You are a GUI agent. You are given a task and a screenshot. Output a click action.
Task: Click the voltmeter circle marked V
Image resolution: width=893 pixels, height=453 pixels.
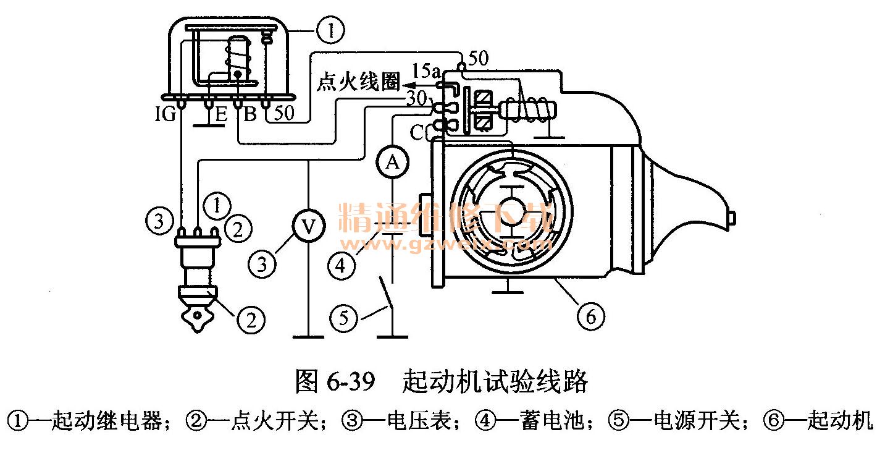coord(309,226)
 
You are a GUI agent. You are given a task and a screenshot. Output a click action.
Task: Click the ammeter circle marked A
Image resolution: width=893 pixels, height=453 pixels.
coord(392,163)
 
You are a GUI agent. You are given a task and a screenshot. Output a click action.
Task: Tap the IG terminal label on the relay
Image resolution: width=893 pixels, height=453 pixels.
coord(166,114)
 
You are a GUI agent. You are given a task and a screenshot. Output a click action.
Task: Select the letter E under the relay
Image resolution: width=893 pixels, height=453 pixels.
coord(221,114)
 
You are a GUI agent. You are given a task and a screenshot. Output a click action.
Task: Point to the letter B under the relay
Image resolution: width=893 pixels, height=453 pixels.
coord(250,114)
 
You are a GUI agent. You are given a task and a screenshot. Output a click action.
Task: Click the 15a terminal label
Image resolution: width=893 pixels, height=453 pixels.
coord(426,71)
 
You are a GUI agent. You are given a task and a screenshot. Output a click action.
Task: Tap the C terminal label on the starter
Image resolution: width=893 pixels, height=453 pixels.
coord(417,132)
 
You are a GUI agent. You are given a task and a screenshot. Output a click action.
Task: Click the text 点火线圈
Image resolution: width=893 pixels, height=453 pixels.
coord(358,82)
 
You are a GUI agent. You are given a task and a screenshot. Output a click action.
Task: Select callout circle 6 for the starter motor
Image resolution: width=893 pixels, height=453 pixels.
coord(591,316)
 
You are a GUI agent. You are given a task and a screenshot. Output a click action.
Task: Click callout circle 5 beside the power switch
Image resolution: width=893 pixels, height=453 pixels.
coord(343,318)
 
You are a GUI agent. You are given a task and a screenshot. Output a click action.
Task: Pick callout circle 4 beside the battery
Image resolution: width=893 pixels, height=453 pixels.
coord(342,265)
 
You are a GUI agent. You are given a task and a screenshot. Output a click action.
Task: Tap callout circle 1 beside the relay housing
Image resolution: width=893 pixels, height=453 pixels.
coord(330,30)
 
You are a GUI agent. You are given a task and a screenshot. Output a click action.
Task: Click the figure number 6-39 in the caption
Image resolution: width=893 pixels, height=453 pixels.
coord(351,381)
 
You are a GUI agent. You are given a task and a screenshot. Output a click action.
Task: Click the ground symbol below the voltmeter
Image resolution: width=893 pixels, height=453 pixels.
coord(308,337)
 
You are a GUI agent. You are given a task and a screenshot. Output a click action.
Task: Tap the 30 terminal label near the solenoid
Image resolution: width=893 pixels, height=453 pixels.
coord(417,98)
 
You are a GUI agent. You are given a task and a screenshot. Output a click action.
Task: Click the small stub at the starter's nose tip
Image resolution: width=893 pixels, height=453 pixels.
coord(732,218)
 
